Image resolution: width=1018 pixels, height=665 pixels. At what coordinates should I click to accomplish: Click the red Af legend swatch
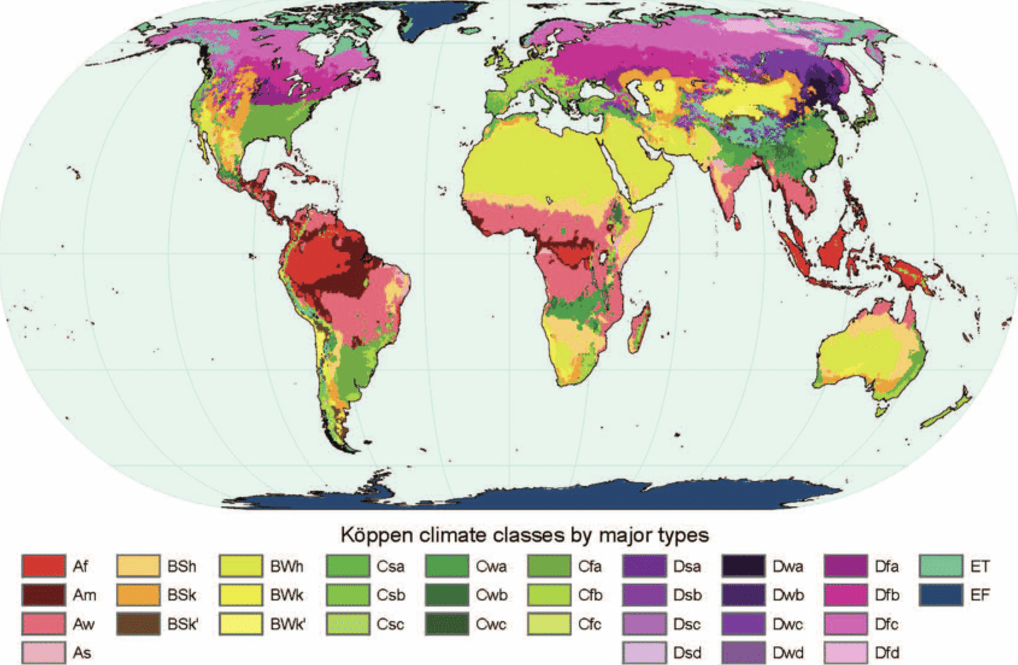point(43,566)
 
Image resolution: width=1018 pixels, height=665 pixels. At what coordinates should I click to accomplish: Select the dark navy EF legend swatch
point(940,595)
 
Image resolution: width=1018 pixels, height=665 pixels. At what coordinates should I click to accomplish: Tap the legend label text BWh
point(286,567)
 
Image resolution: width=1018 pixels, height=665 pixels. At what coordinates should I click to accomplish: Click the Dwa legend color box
point(743,566)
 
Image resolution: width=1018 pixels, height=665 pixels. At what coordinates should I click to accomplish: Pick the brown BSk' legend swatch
point(138,624)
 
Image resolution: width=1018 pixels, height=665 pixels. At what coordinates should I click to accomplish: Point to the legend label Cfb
point(590,595)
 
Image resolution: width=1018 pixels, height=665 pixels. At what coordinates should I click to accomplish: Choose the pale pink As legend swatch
point(43,652)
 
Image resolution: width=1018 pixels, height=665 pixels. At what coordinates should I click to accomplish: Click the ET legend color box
point(940,566)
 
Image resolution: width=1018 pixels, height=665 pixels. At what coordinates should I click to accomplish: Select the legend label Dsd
point(687,652)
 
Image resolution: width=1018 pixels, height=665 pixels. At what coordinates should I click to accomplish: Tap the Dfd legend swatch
point(845,652)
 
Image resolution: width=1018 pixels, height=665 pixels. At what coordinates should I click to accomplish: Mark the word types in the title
point(683,535)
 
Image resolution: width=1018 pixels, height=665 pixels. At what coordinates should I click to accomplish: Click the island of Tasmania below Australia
point(881,411)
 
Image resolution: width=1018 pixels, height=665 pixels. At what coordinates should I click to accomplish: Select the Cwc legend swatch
point(446,624)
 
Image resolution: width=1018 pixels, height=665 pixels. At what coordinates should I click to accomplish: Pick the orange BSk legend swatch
point(138,595)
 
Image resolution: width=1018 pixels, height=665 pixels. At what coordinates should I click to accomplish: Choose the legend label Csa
point(390,567)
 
